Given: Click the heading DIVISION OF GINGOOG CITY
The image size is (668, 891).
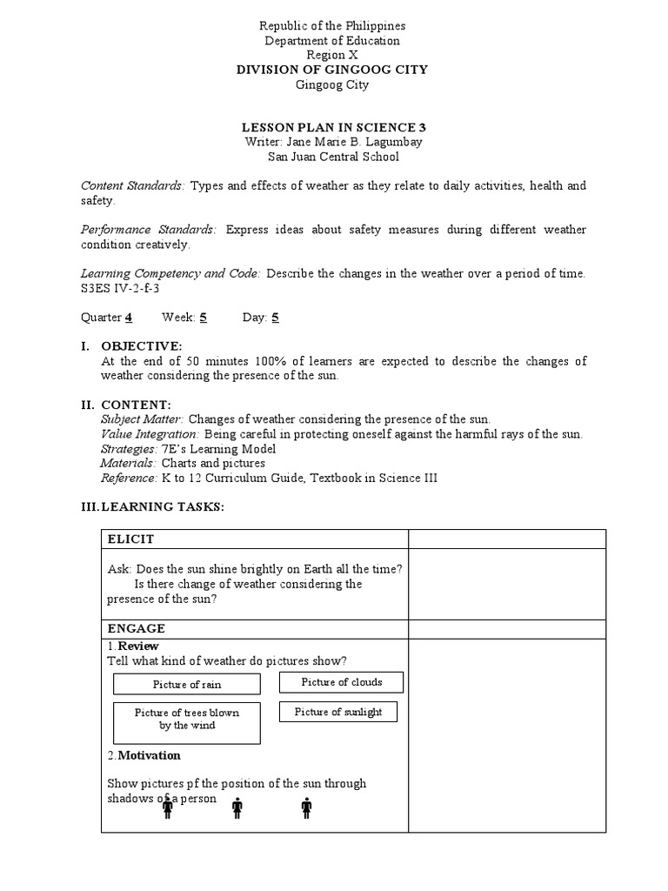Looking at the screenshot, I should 334,70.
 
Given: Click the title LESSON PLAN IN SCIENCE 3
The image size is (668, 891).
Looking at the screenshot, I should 334,127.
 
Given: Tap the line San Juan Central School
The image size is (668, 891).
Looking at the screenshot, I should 334,157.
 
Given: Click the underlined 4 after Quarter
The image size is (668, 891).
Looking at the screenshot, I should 128,318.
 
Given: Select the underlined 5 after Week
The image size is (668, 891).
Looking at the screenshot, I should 203,318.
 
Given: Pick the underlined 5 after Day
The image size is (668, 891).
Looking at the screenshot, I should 275,318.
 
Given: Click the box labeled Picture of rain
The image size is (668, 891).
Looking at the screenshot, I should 187,684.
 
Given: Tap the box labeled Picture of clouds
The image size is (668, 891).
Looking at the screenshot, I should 341,682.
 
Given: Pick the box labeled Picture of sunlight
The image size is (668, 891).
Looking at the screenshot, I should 337,712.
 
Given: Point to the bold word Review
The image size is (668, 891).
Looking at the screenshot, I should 138,646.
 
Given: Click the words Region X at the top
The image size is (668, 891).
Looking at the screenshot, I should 334,55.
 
